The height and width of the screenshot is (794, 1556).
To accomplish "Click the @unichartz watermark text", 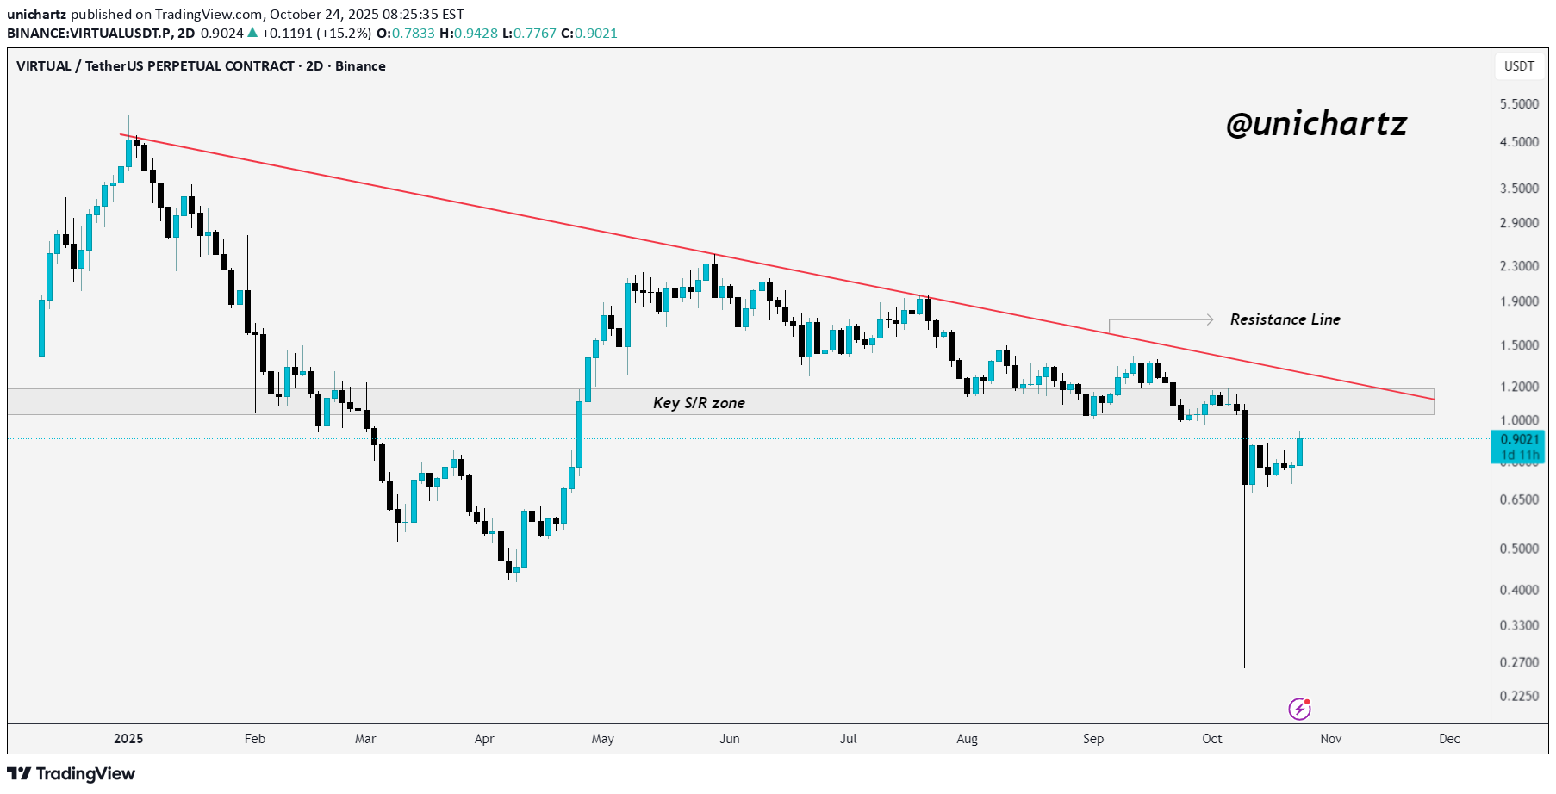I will [1316, 125].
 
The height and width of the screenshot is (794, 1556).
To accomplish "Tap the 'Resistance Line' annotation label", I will [1285, 319].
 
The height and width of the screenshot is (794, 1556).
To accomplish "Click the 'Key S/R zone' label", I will [699, 403].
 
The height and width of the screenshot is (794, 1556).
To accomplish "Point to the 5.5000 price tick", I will [1519, 104].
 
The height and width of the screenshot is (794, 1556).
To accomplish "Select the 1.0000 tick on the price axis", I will [1519, 420].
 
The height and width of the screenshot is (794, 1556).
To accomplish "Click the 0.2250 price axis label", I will [1519, 696].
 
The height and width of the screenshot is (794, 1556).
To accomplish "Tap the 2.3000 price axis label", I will [1519, 266].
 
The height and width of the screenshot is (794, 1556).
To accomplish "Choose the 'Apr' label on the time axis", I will [484, 739].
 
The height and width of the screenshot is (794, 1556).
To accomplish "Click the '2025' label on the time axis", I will [128, 739].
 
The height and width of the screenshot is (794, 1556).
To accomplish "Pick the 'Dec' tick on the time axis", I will [1449, 739].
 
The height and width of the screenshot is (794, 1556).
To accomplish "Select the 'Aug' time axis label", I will [967, 739].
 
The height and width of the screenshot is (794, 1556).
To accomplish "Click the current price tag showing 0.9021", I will [1519, 440].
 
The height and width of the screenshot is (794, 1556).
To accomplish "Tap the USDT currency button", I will [1519, 66].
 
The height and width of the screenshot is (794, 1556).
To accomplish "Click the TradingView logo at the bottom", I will [72, 773].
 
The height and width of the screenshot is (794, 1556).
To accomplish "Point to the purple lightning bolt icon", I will [1299, 709].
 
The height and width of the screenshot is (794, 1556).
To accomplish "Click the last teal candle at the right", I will [1299, 452].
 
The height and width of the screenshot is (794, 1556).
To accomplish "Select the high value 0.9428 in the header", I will [476, 34].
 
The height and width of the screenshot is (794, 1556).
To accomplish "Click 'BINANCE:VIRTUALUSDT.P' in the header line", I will [90, 34].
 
